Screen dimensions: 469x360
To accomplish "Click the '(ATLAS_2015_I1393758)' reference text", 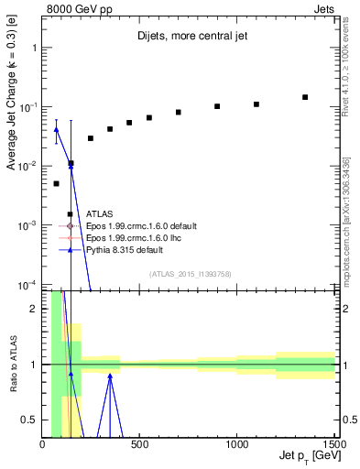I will (190, 273).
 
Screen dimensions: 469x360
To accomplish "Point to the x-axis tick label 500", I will (140, 444).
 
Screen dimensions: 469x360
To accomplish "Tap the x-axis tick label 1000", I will (237, 444).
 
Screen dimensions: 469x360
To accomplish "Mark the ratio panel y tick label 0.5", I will (32, 420).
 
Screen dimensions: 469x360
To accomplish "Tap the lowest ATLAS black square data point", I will (57, 183).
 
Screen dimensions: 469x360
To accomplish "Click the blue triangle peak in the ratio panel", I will (110, 375).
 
